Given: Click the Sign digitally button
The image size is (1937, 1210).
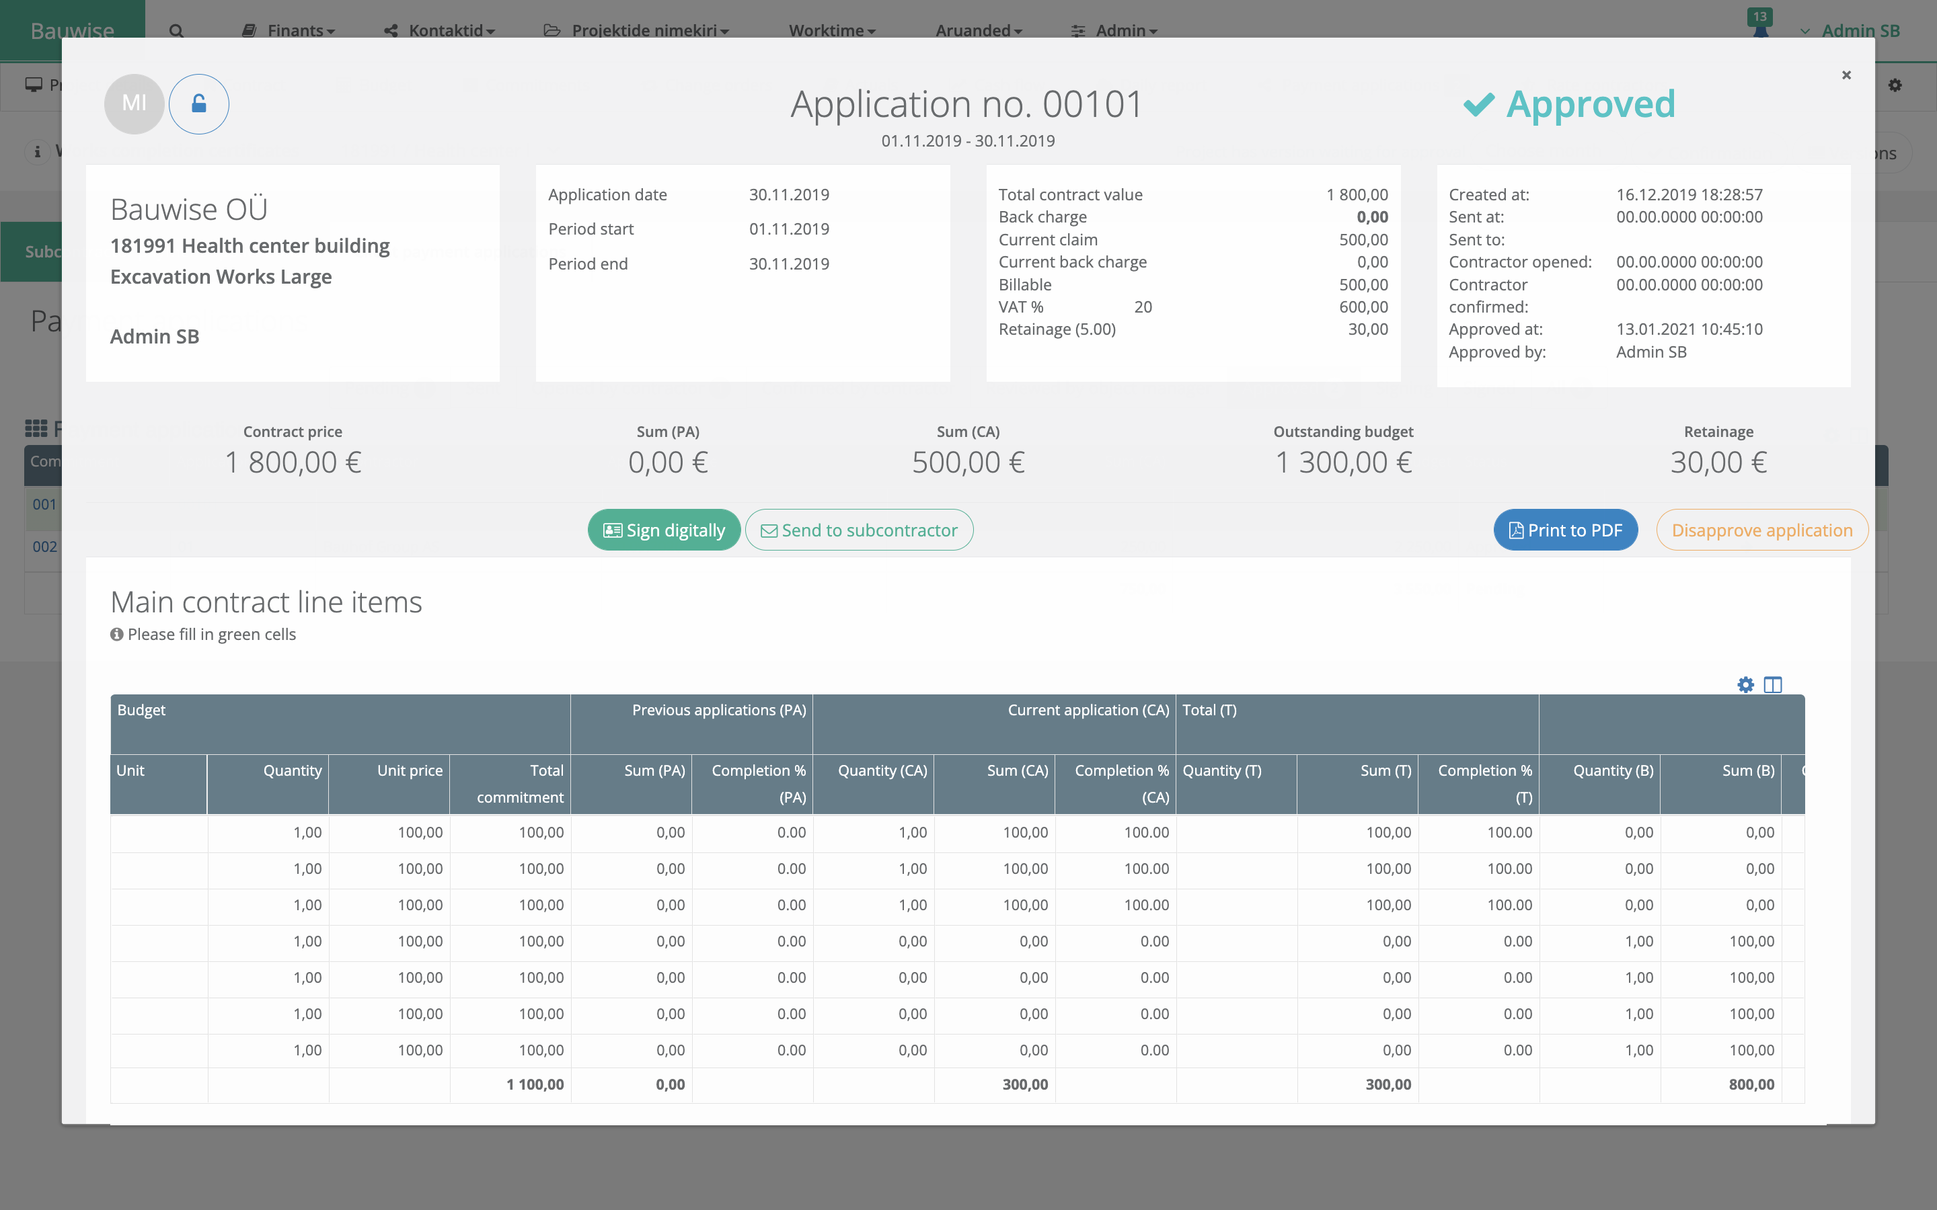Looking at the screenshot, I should [664, 530].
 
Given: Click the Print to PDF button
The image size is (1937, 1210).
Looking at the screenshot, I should [1565, 530].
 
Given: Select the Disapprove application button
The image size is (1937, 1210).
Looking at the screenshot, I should [1761, 530].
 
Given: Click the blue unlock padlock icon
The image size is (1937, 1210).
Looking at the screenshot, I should [198, 104].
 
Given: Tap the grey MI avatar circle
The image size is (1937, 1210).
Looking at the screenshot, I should [134, 104].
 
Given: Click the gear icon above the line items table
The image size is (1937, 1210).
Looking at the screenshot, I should [1746, 685].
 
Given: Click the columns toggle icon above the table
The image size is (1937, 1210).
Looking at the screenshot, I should [1773, 685].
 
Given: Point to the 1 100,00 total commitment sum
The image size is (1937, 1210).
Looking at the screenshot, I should [535, 1084].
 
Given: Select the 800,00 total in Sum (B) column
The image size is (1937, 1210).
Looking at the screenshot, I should [1751, 1084].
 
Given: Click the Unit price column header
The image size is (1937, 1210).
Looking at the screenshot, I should [409, 770].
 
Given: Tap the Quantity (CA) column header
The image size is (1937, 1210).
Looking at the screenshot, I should [882, 770].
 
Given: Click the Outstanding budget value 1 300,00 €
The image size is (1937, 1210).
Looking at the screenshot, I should [1343, 462].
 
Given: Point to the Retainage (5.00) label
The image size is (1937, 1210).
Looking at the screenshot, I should [1057, 329].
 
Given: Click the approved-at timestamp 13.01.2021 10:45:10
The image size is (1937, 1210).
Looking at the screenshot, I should [1689, 329].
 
